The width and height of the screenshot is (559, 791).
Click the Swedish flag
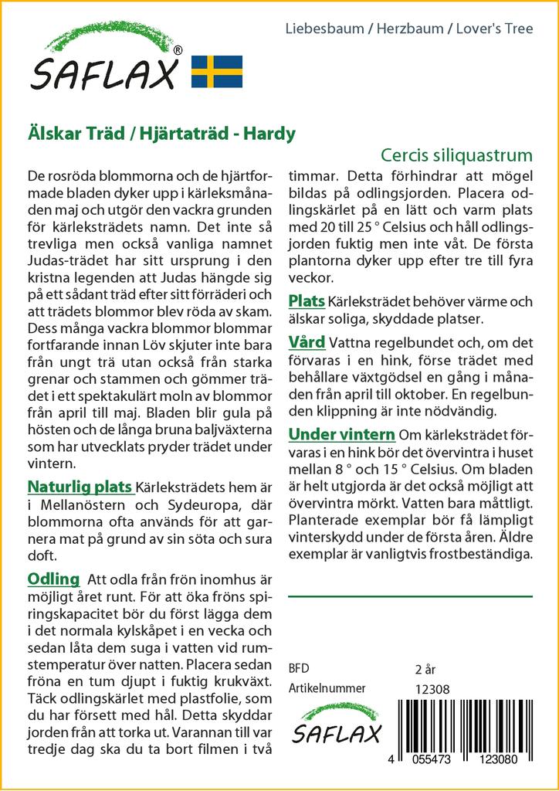[217, 71]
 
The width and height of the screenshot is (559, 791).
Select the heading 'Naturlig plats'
[80, 487]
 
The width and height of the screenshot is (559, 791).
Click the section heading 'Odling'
[53, 579]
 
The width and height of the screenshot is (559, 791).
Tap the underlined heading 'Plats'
[307, 300]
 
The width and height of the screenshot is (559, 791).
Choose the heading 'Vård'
[307, 342]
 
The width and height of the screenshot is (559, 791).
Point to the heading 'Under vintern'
[341, 434]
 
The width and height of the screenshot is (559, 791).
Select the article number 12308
[432, 689]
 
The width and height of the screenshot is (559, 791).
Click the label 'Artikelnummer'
[327, 689]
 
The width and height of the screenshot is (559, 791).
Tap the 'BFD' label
[299, 668]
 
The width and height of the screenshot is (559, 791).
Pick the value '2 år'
[425, 668]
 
